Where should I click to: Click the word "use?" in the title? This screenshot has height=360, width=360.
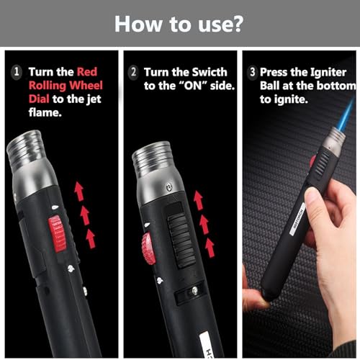(220, 24)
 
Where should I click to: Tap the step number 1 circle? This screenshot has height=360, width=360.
(17, 72)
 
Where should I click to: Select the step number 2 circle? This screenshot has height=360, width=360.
(133, 72)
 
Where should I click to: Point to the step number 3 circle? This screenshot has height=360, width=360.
(252, 72)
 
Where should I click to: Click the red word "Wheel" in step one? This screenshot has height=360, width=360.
(86, 86)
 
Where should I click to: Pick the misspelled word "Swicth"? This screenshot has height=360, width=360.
(210, 72)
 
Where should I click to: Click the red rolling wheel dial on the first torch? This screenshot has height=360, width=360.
(57, 233)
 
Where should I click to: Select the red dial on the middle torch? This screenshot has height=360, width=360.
(148, 248)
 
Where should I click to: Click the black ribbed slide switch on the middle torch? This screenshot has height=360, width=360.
(181, 241)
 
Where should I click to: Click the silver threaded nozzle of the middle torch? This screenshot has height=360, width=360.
(153, 158)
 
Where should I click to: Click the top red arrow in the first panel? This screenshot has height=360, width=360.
(79, 192)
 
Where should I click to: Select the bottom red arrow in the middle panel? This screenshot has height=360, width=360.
(210, 248)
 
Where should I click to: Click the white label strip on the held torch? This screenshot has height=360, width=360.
(297, 219)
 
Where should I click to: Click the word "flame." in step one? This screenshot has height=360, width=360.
(45, 112)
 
